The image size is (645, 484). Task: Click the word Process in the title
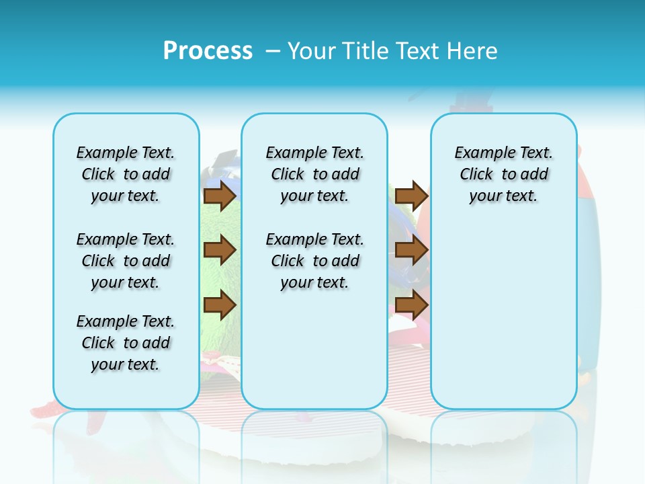pyautogui.click(x=208, y=50)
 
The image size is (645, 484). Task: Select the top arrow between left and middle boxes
pyautogui.click(x=219, y=196)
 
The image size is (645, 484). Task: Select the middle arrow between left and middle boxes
pyautogui.click(x=219, y=250)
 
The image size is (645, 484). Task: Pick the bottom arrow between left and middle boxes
pyautogui.click(x=219, y=305)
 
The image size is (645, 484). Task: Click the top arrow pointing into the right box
pyautogui.click(x=411, y=196)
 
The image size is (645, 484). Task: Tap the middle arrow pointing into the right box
pyautogui.click(x=411, y=250)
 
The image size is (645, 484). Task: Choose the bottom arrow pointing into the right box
pyautogui.click(x=411, y=305)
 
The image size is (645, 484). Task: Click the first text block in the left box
pyautogui.click(x=126, y=174)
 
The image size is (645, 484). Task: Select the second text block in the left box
pyautogui.click(x=126, y=261)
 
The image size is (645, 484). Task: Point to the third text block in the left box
pyautogui.click(x=126, y=343)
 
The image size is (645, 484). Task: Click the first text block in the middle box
pyautogui.click(x=314, y=174)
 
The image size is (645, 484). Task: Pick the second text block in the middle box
pyautogui.click(x=314, y=261)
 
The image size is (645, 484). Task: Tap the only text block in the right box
pyautogui.click(x=503, y=174)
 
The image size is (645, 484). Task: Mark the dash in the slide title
pyautogui.click(x=273, y=51)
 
